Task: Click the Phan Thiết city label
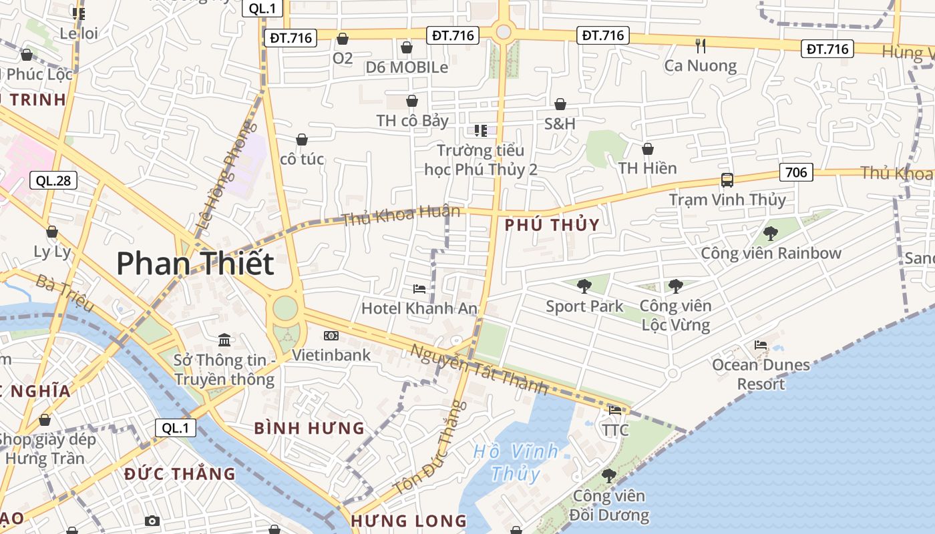(195, 264)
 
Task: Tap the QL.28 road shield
(53, 180)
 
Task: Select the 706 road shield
(795, 173)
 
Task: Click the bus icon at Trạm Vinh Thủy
(727, 180)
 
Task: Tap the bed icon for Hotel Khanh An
(419, 288)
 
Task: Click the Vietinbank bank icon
(331, 335)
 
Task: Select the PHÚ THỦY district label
(552, 225)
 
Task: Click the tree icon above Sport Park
(584, 286)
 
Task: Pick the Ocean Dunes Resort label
(761, 374)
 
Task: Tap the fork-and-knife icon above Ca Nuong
(701, 45)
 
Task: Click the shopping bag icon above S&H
(560, 104)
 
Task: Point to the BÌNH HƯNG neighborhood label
(310, 428)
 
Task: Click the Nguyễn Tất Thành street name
(479, 368)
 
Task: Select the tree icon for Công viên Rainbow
(771, 233)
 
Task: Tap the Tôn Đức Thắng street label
(429, 447)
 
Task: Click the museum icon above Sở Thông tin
(224, 340)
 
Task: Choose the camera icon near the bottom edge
(152, 521)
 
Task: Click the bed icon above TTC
(615, 410)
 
